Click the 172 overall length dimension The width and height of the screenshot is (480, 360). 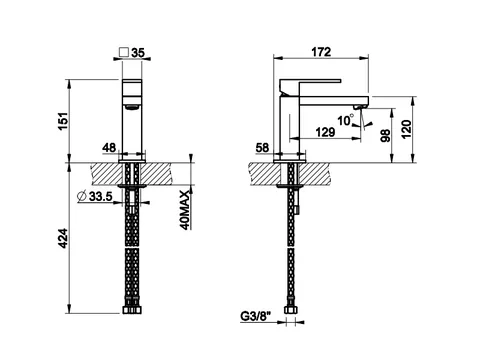(321, 52)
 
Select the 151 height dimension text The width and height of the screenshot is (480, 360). (63, 122)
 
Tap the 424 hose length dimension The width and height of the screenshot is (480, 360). (63, 238)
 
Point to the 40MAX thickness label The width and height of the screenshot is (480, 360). (185, 210)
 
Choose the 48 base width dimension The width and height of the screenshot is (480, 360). (109, 147)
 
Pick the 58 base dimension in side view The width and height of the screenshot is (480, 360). (262, 148)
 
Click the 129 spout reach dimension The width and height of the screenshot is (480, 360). (325, 132)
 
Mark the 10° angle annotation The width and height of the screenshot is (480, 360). (345, 120)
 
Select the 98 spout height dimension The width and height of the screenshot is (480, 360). (386, 136)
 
